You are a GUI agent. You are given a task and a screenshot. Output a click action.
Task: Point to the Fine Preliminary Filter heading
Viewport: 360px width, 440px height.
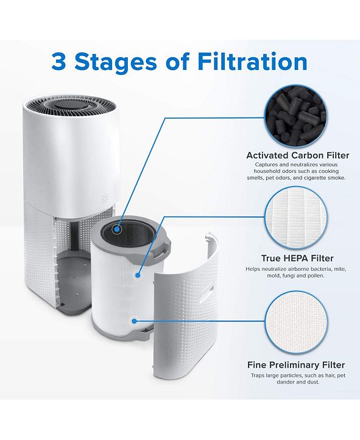pos(296,365)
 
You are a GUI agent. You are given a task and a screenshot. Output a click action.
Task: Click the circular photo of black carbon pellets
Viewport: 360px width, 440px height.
pos(296,114)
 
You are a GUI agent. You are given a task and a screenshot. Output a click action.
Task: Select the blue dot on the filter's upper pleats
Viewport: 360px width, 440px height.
pos(138,274)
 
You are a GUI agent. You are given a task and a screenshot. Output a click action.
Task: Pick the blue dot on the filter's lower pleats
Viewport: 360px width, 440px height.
pos(132,319)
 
